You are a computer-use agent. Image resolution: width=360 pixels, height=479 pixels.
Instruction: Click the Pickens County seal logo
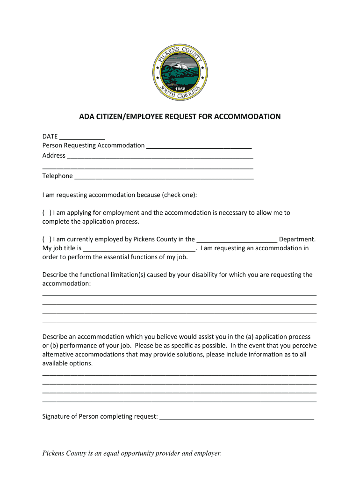[180, 71]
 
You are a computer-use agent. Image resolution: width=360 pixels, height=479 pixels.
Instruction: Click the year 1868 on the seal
[180, 88]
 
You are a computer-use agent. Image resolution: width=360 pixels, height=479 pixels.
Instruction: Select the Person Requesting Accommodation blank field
[199, 145]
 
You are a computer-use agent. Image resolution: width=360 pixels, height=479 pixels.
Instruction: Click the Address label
[54, 155]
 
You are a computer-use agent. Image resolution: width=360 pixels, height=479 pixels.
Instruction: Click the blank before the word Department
[237, 239]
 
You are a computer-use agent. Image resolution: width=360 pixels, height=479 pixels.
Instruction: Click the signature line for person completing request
[237, 416]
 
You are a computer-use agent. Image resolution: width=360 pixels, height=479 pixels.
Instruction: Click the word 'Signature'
[57, 416]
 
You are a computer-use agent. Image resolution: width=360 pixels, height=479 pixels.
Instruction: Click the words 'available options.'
[68, 363]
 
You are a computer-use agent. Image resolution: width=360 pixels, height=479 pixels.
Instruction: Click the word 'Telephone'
[58, 176]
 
